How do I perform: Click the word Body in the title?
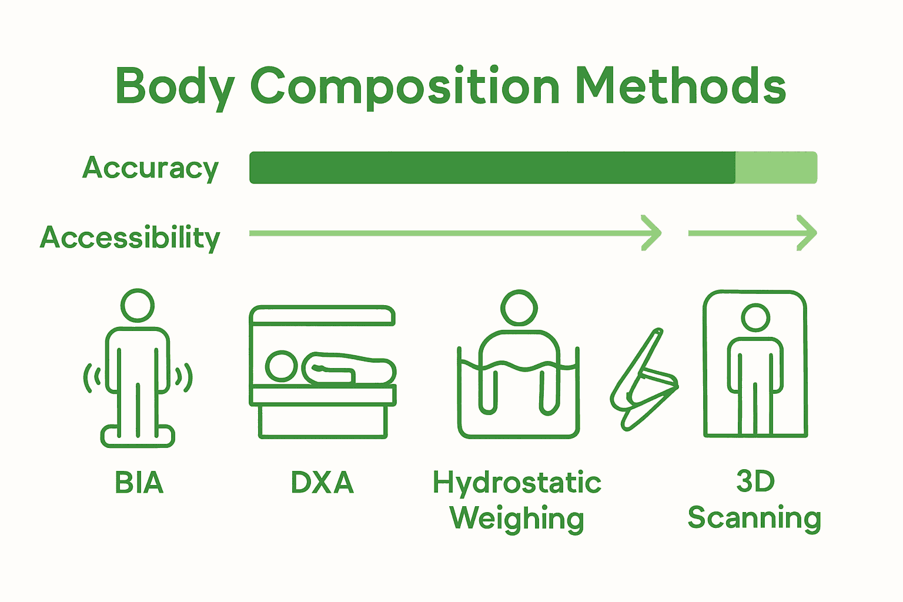tap(175, 86)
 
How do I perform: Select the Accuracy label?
tap(150, 168)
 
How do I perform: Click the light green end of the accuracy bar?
tap(776, 168)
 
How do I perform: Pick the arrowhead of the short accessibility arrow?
tap(808, 233)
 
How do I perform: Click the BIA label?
tap(139, 483)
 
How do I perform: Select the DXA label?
tap(322, 483)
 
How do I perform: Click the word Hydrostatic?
tap(517, 483)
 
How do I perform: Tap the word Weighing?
tap(517, 519)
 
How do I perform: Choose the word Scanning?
tap(754, 518)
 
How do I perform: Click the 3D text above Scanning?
tap(755, 481)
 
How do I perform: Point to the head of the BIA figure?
tap(138, 305)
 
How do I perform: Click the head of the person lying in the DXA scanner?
tap(282, 366)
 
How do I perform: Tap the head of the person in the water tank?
tap(519, 307)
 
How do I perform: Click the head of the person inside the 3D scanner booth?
tap(755, 318)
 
